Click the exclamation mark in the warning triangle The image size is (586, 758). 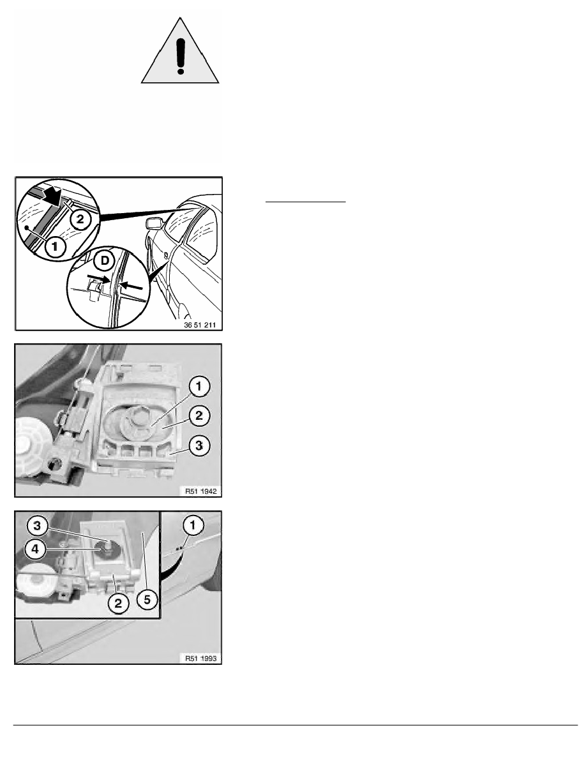[x=181, y=57]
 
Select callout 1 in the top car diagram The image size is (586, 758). [x=55, y=247]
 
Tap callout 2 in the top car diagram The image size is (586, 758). [x=80, y=219]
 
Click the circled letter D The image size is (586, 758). [x=105, y=261]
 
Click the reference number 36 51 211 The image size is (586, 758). [x=200, y=325]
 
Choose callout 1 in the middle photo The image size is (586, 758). [x=199, y=387]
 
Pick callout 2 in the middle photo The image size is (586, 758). [x=199, y=416]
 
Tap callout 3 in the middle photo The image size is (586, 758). [x=199, y=445]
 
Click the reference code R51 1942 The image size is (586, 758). [x=200, y=491]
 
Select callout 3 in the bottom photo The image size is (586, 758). [x=37, y=526]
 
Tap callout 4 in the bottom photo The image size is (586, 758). [x=35, y=549]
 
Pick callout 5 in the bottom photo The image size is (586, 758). [x=147, y=600]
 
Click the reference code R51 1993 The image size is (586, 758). [x=200, y=658]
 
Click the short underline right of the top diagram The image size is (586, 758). [x=306, y=201]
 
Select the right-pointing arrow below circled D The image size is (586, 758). [x=98, y=279]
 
